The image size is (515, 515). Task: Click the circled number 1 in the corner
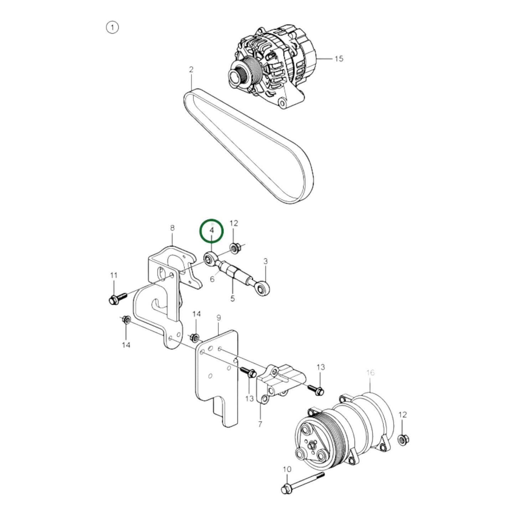112,27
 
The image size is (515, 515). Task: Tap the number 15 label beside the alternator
339,58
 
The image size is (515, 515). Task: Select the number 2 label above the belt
191,69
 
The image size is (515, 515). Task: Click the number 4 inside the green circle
212,231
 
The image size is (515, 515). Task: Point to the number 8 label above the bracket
172,228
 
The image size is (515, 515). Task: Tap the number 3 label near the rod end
265,261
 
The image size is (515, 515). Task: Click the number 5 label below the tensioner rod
232,298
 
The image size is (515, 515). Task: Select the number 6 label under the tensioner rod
212,279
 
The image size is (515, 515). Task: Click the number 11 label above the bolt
114,275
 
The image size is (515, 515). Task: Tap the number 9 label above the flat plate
218,317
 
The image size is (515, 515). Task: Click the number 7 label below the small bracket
260,424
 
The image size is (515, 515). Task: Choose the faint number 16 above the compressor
370,372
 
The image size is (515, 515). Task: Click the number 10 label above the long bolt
287,469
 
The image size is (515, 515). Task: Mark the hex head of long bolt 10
286,489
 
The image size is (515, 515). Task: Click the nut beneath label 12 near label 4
234,247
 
